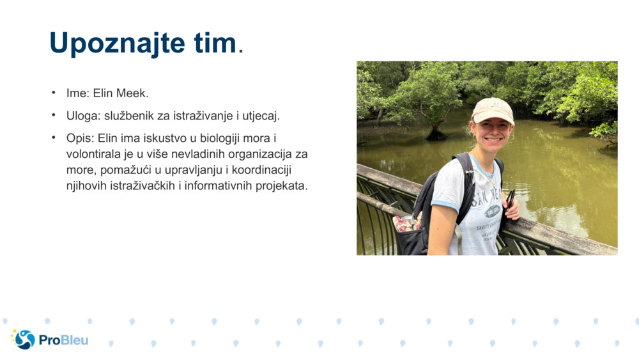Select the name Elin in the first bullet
point(103,93)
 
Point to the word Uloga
point(81,116)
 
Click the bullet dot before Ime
point(54,93)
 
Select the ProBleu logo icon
point(24,339)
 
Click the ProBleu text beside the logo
point(63,340)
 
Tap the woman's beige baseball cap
point(493,110)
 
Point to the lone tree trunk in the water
point(437,130)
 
